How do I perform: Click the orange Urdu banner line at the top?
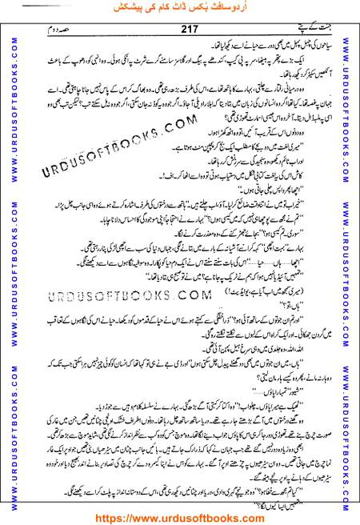(179, 10)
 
